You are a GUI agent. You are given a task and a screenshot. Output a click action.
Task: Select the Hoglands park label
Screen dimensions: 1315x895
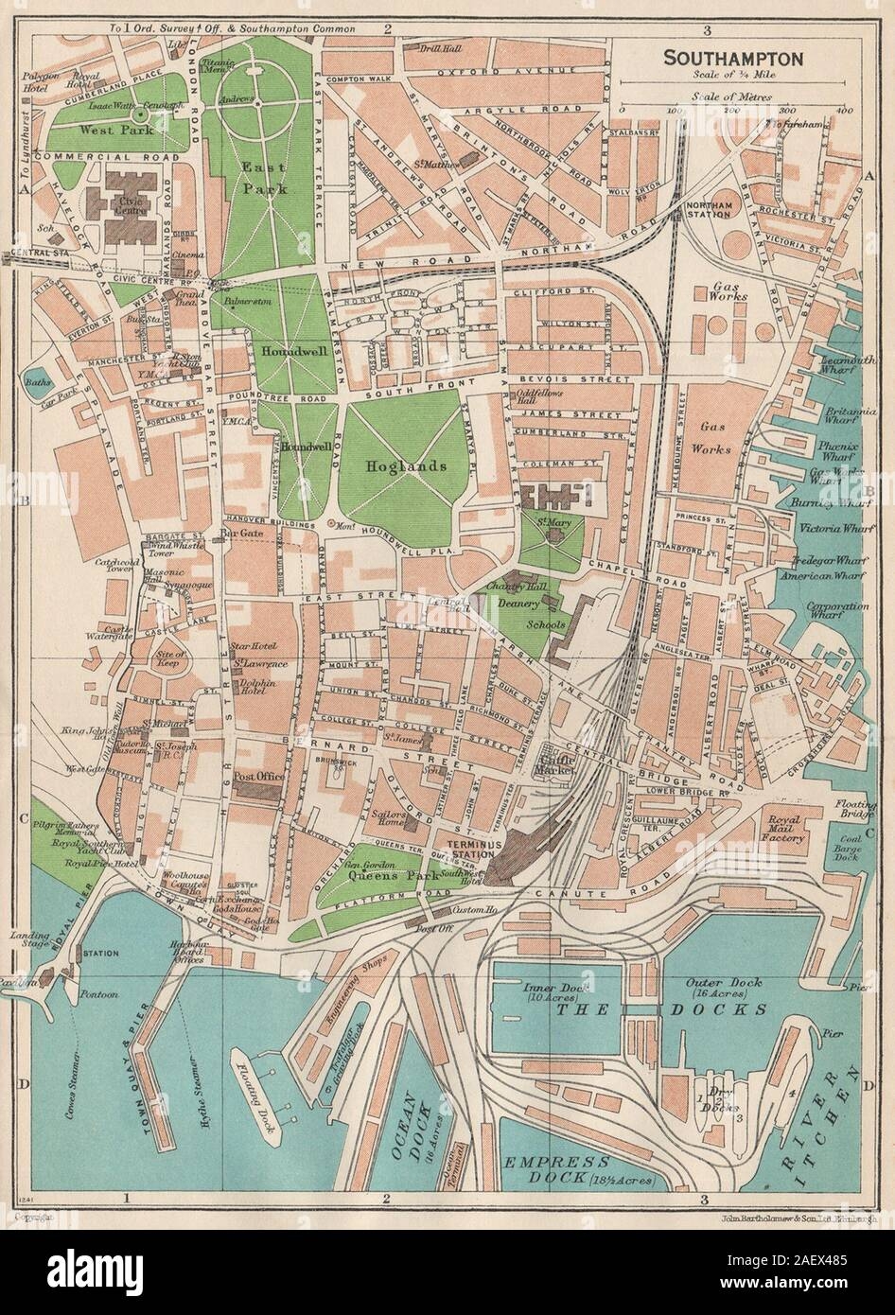[396, 467]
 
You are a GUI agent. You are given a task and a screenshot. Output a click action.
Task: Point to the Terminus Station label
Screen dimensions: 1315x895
[468, 848]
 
